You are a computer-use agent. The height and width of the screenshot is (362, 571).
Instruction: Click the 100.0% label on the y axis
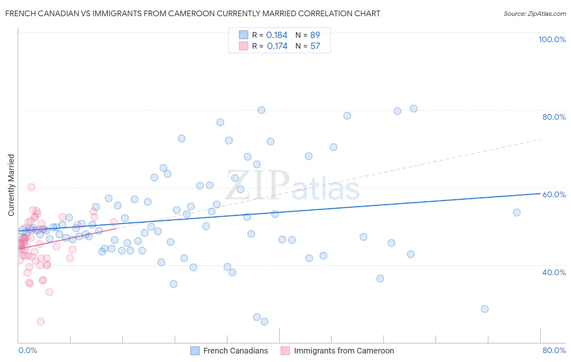(x=552, y=39)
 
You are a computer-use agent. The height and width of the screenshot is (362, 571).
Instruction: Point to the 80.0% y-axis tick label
(x=554, y=117)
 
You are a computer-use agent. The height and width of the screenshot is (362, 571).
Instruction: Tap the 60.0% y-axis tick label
(x=554, y=194)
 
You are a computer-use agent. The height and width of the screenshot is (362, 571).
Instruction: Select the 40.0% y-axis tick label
(x=554, y=272)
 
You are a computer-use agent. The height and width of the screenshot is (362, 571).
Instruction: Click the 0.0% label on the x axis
(x=28, y=350)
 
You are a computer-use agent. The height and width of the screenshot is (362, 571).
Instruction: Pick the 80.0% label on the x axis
(x=554, y=350)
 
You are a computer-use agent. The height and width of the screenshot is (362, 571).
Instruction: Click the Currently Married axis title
(x=11, y=185)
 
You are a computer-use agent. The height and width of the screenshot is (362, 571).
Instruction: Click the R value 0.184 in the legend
(x=277, y=35)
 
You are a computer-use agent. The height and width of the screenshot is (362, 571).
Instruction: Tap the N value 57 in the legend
(x=315, y=46)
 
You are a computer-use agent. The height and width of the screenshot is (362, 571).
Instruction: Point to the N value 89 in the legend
(x=315, y=35)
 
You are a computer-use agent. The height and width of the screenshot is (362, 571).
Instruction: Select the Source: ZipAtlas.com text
(x=534, y=14)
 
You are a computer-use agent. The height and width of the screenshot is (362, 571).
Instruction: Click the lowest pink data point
(x=41, y=321)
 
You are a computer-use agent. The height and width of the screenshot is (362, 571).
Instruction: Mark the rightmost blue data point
(x=517, y=213)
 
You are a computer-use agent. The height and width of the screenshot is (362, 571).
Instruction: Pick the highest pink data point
(x=31, y=187)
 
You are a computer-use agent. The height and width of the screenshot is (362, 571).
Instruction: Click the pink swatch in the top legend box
(x=243, y=46)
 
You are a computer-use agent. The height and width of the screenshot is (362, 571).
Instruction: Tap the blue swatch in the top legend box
(x=243, y=35)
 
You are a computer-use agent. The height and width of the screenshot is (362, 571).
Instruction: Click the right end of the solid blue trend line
(x=540, y=194)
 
